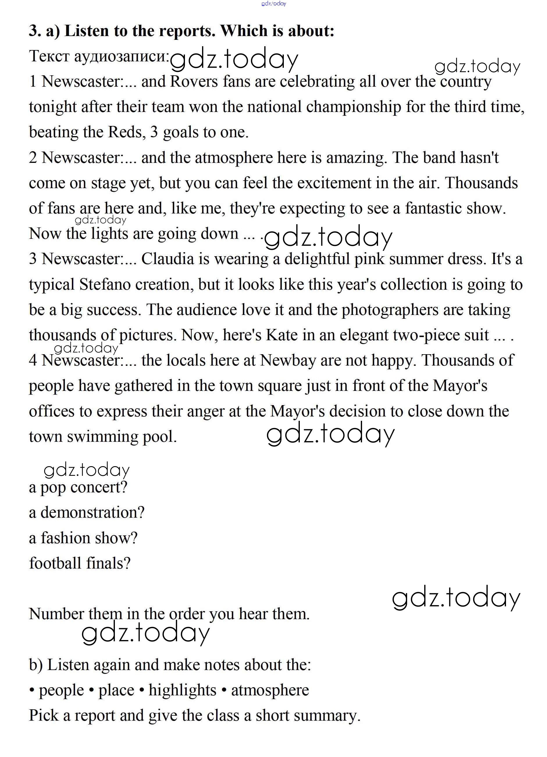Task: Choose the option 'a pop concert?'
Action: click(x=78, y=487)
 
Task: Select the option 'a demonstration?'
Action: click(x=86, y=512)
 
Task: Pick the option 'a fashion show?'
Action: click(x=83, y=538)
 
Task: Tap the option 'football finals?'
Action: click(x=79, y=563)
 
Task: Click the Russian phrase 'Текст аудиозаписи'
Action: click(x=99, y=56)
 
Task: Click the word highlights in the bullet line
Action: click(x=182, y=690)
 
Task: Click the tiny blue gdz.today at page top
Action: click(x=274, y=4)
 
